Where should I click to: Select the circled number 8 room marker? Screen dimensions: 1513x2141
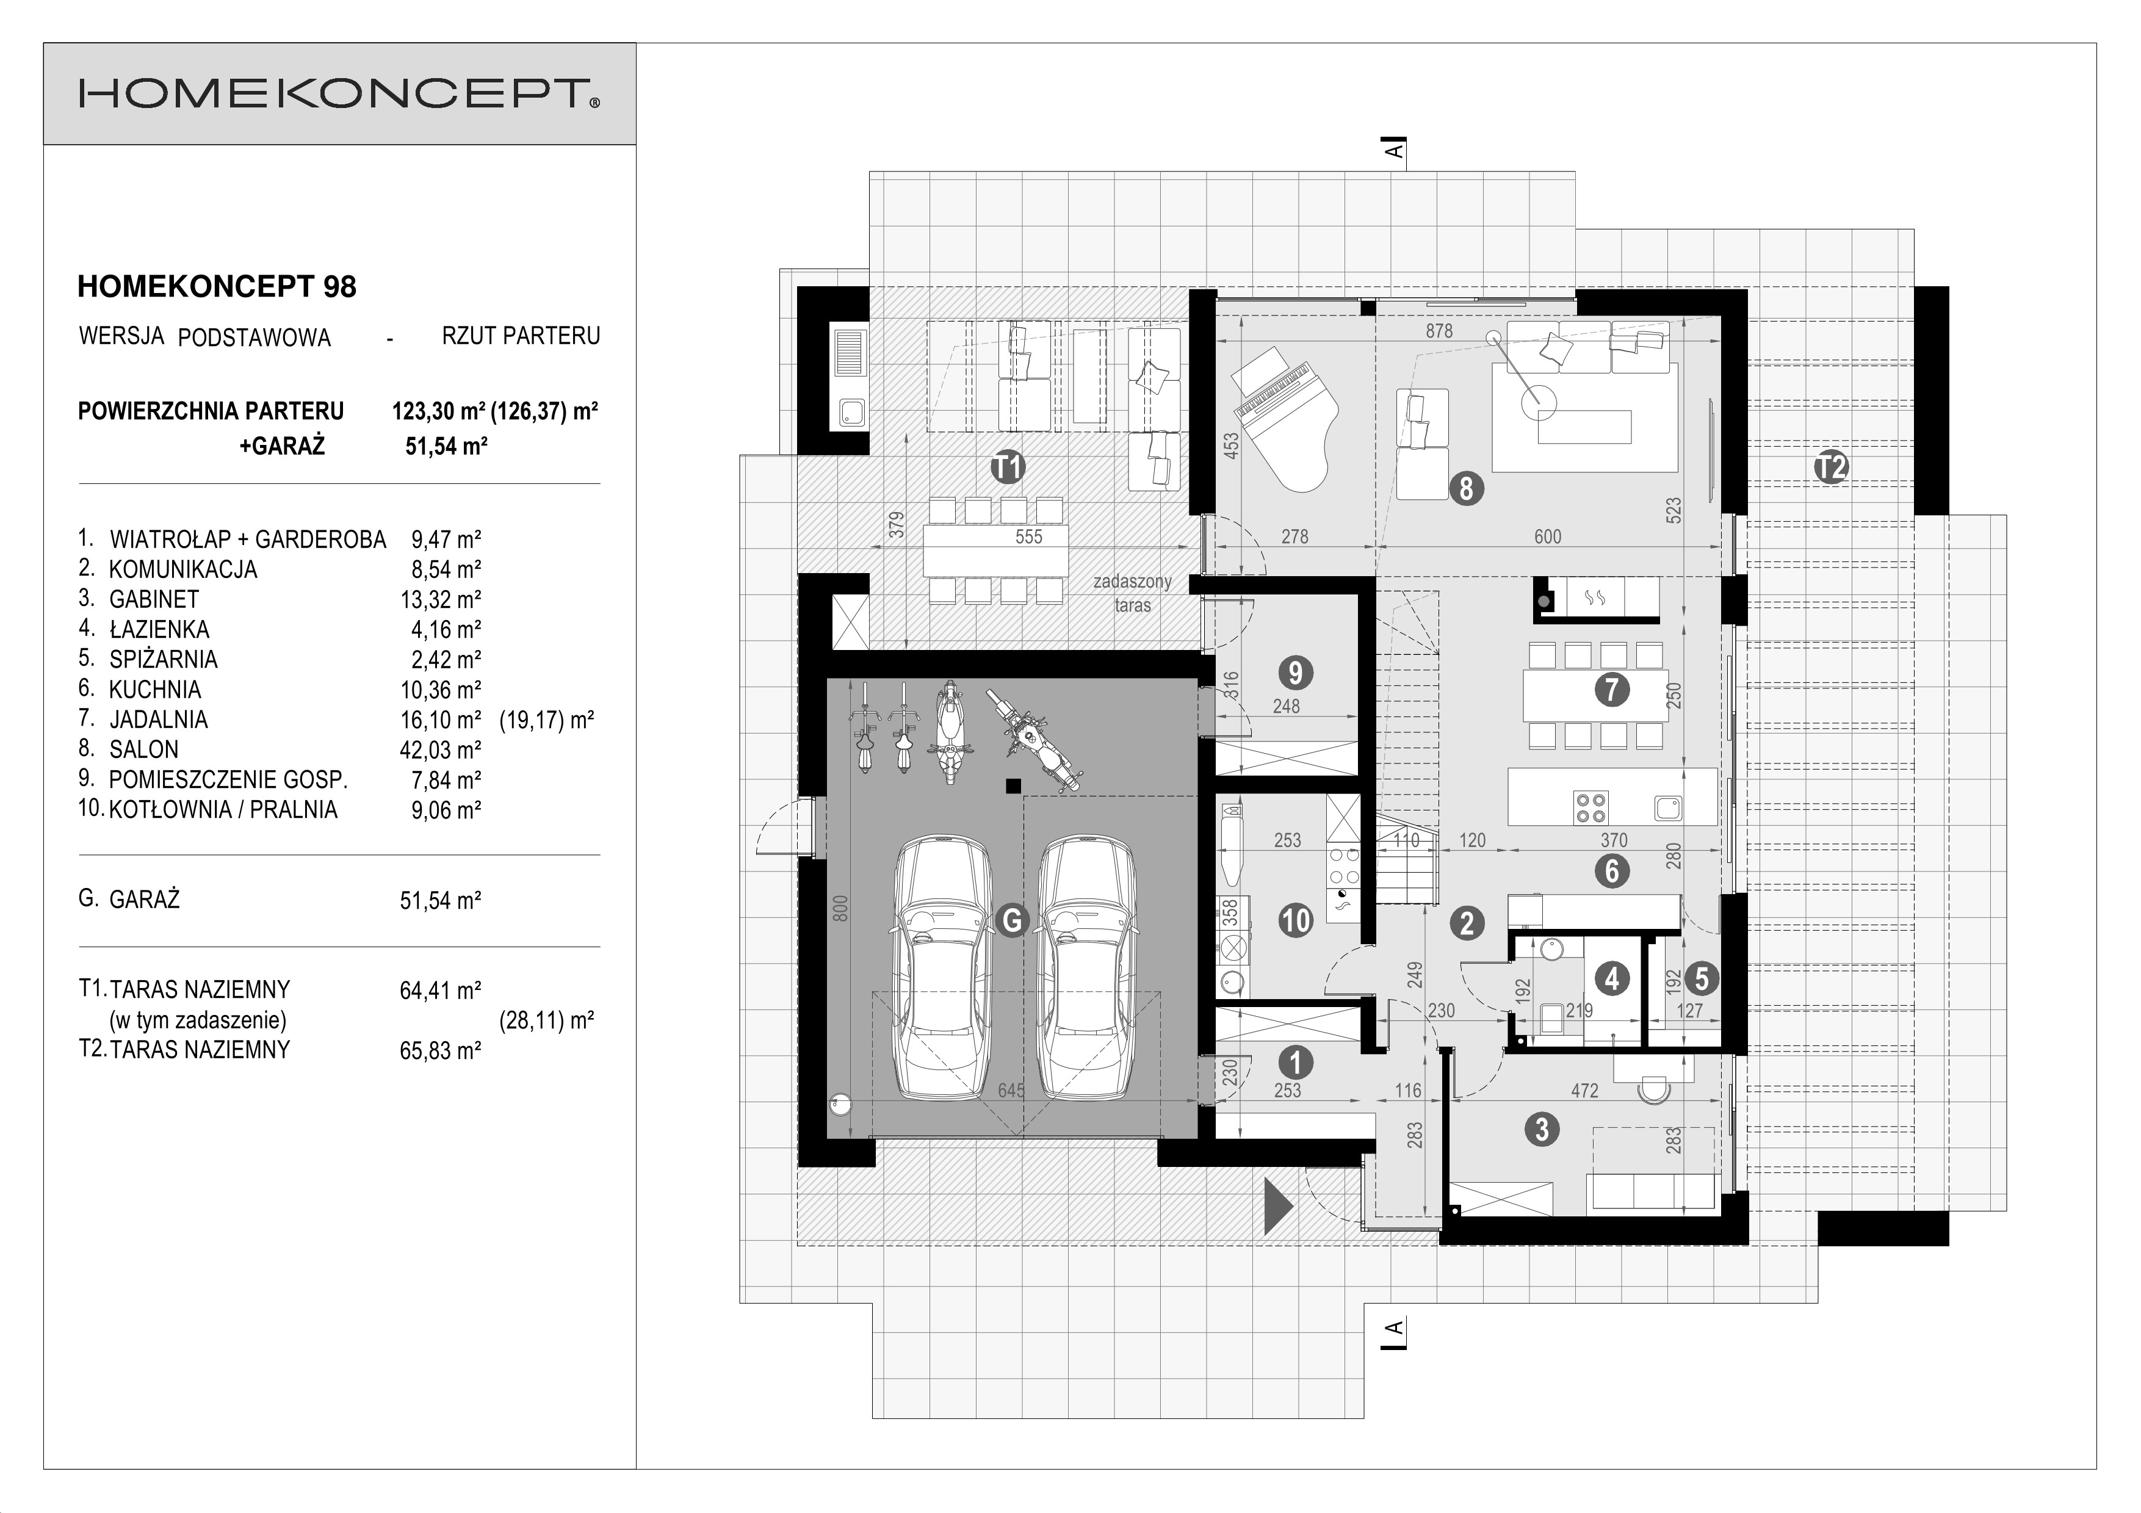point(1466,488)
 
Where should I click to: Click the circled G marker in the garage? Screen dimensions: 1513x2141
point(1012,920)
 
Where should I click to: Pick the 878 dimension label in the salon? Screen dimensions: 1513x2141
point(1439,331)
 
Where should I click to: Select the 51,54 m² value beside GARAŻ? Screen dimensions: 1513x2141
point(440,900)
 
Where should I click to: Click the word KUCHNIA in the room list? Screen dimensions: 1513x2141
point(155,690)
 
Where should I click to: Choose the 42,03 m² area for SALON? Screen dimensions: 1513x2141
point(440,749)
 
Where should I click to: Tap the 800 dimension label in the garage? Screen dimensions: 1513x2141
point(840,908)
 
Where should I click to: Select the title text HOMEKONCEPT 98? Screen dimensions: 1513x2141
point(216,287)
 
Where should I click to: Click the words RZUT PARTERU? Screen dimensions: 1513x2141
point(521,336)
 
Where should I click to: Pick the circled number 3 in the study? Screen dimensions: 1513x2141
point(1542,1130)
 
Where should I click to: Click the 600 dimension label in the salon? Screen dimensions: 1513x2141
point(1547,537)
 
